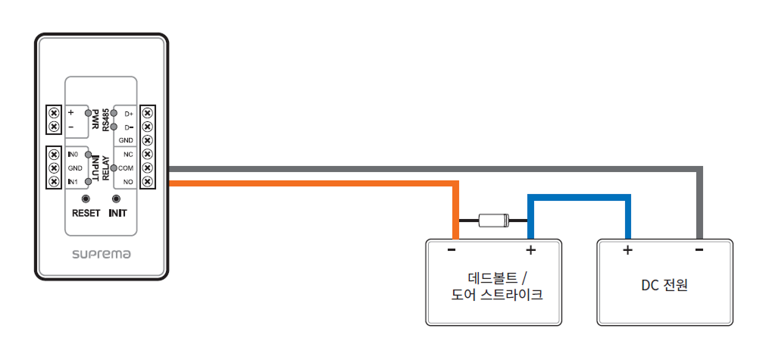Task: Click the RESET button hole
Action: tap(85, 199)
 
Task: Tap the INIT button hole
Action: tap(117, 199)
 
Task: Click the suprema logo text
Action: tap(102, 254)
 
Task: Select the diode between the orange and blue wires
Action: tap(492, 221)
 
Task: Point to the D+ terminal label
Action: tap(129, 114)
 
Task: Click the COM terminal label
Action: tap(126, 167)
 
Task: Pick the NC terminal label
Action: tap(128, 154)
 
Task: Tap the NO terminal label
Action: tap(128, 182)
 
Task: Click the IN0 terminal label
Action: tap(73, 154)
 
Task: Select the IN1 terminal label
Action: tap(73, 182)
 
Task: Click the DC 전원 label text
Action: tap(664, 286)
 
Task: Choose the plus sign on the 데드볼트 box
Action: tap(530, 249)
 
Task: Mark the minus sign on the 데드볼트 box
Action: tap(452, 249)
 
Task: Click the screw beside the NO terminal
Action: tap(148, 182)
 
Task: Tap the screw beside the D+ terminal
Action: tap(148, 114)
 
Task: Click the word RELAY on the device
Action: tap(106, 168)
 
